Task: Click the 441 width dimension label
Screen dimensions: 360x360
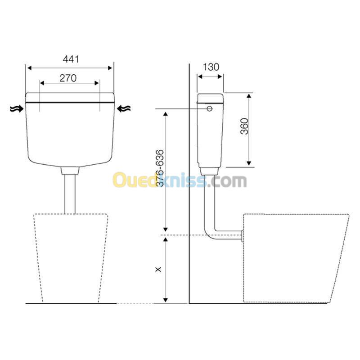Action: [x=71, y=59]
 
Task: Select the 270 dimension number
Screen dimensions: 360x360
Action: [x=68, y=78]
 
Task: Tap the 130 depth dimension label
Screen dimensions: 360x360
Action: [x=211, y=67]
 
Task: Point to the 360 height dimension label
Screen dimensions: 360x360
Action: [x=244, y=126]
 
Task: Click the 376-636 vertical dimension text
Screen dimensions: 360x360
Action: [x=160, y=168]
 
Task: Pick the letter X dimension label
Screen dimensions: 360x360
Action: [x=158, y=269]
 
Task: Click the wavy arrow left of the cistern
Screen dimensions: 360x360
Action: [x=17, y=109]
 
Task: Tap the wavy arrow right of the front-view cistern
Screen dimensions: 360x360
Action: [x=124, y=108]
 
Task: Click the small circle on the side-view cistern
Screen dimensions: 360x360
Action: [x=209, y=108]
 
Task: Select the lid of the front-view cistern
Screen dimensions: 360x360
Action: [x=70, y=97]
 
